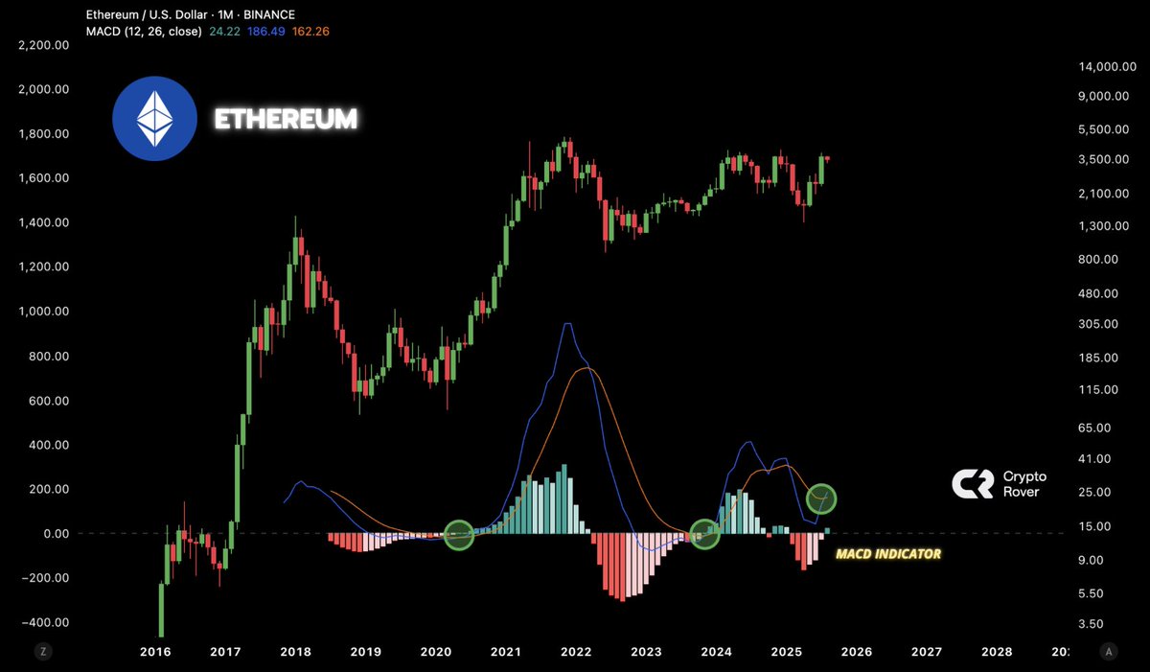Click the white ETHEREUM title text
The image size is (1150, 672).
pos(286,119)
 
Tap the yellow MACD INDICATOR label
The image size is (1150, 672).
pos(887,554)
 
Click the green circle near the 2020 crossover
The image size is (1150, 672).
pos(459,535)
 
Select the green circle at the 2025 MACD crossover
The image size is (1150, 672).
pos(821,498)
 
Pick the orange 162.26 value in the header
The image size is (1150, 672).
pos(311,32)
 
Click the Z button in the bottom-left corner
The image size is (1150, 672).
pos(42,651)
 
